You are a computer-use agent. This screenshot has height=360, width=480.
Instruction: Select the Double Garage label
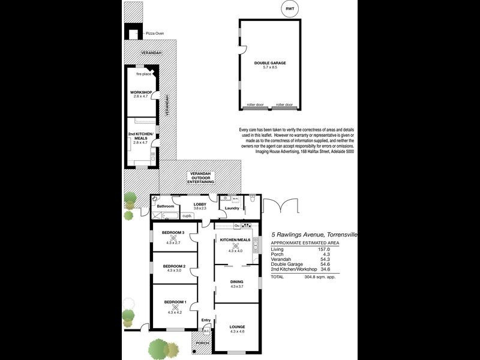coord(269,63)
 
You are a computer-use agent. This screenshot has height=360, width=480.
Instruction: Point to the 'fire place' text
coord(143,74)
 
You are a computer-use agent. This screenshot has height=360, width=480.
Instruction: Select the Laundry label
coord(232,208)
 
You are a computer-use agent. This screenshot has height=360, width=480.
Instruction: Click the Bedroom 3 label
coord(173,233)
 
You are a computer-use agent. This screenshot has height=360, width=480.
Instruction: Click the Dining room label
coord(237,281)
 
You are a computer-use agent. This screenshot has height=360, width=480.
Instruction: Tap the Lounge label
coord(237,326)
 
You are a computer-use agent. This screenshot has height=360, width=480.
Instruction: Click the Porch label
coord(202,343)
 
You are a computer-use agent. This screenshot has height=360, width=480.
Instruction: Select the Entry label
coord(206,320)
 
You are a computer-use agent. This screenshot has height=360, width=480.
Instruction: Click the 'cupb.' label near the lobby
coord(187,215)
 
